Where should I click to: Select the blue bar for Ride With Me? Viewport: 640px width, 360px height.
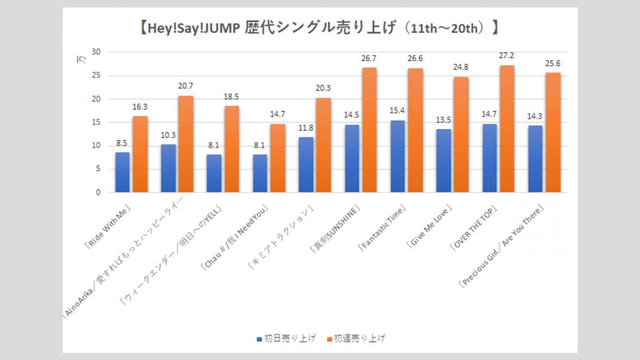122,172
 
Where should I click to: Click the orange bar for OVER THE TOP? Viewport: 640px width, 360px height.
506,129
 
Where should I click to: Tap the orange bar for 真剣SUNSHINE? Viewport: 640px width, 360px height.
369,130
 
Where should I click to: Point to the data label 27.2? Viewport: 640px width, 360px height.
506,55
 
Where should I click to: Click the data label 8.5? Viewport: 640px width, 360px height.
122,142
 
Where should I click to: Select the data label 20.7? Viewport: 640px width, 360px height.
186,86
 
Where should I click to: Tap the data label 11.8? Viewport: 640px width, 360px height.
305,127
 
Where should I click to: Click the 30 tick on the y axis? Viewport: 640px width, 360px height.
96,52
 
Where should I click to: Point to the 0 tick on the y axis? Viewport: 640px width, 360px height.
98,193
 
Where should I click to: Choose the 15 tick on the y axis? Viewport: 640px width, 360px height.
96,123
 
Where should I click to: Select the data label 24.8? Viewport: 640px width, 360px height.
461,67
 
